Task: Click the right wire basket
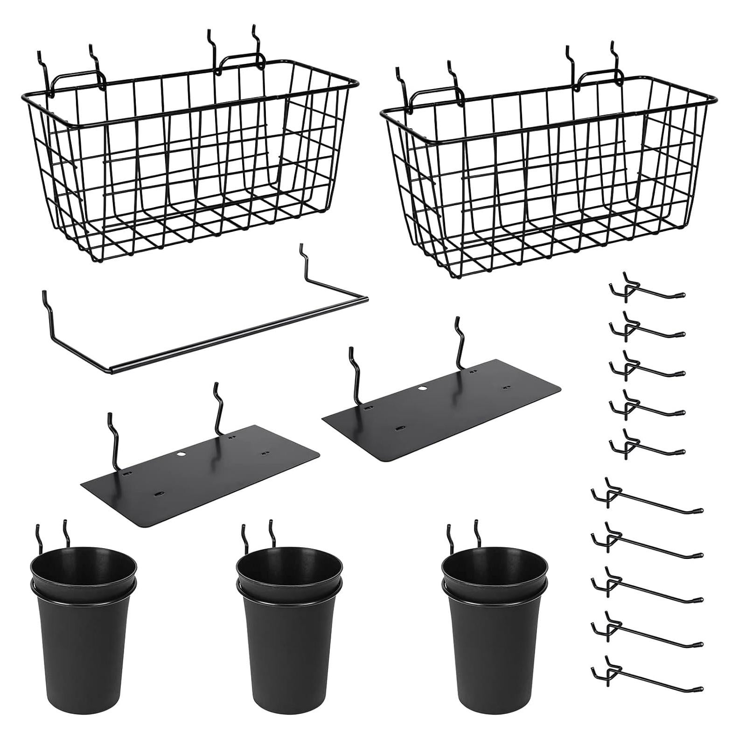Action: [x=546, y=177]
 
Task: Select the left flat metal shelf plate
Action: [x=201, y=476]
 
